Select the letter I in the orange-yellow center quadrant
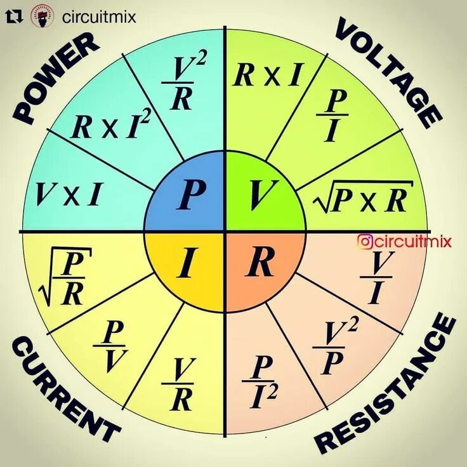tap(186, 264)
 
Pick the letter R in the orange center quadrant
tap(260, 263)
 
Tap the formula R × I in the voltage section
tap(266, 76)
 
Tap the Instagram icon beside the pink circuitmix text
tap(364, 241)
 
